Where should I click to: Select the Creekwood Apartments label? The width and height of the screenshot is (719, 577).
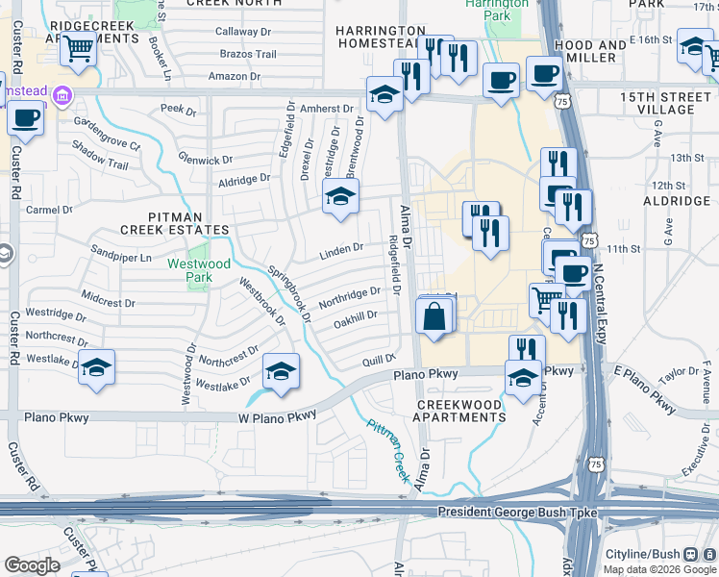(x=460, y=411)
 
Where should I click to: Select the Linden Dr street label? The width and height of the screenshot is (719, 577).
(x=341, y=249)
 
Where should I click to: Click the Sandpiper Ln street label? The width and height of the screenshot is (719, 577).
(x=121, y=258)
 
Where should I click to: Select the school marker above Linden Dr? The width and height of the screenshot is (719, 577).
(x=339, y=196)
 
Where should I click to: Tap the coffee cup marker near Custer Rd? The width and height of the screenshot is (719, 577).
(x=25, y=118)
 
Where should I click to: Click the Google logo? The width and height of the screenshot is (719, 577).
(x=32, y=565)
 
